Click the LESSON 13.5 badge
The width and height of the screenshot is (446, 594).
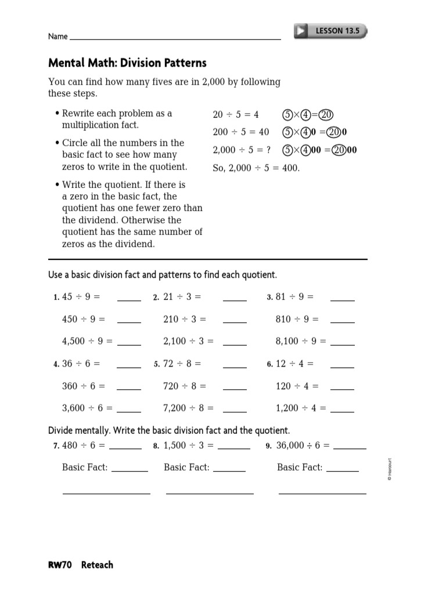tap(331, 31)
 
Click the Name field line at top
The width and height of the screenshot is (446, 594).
tap(174, 38)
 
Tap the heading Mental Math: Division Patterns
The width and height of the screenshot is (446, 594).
tap(127, 63)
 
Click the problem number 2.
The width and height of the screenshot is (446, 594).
tap(156, 298)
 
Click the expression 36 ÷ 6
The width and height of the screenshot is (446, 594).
tap(81, 364)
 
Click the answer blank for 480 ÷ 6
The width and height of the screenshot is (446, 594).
tap(125, 447)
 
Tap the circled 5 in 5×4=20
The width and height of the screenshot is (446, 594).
tap(287, 115)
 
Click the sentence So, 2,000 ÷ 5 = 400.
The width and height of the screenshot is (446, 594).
tap(256, 168)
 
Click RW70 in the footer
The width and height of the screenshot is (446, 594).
tap(60, 564)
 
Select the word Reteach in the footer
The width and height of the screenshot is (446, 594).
tap(97, 564)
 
